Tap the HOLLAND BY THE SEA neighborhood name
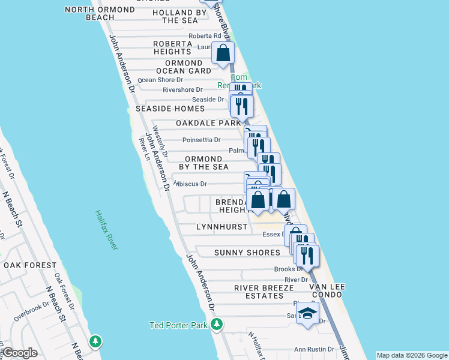tap(179, 16)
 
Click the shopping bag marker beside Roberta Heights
tap(223, 53)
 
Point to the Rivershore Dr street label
tap(182, 90)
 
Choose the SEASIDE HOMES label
tap(170, 109)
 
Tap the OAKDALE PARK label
tap(208, 123)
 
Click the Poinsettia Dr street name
tap(201, 140)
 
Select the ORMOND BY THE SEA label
tap(203, 163)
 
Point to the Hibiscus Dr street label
tap(190, 184)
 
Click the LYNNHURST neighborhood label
tap(221, 227)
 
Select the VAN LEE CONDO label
tap(327, 291)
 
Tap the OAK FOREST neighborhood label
tap(30, 265)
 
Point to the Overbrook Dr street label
tap(34, 310)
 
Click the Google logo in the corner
tap(20, 353)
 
